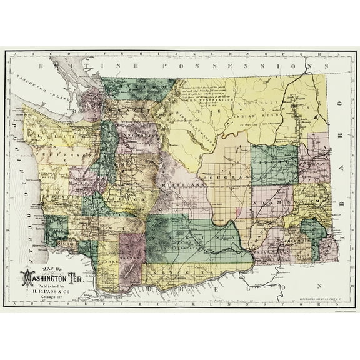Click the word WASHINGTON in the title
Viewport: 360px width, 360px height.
click(x=51, y=274)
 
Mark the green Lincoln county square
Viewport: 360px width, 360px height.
click(x=275, y=166)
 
